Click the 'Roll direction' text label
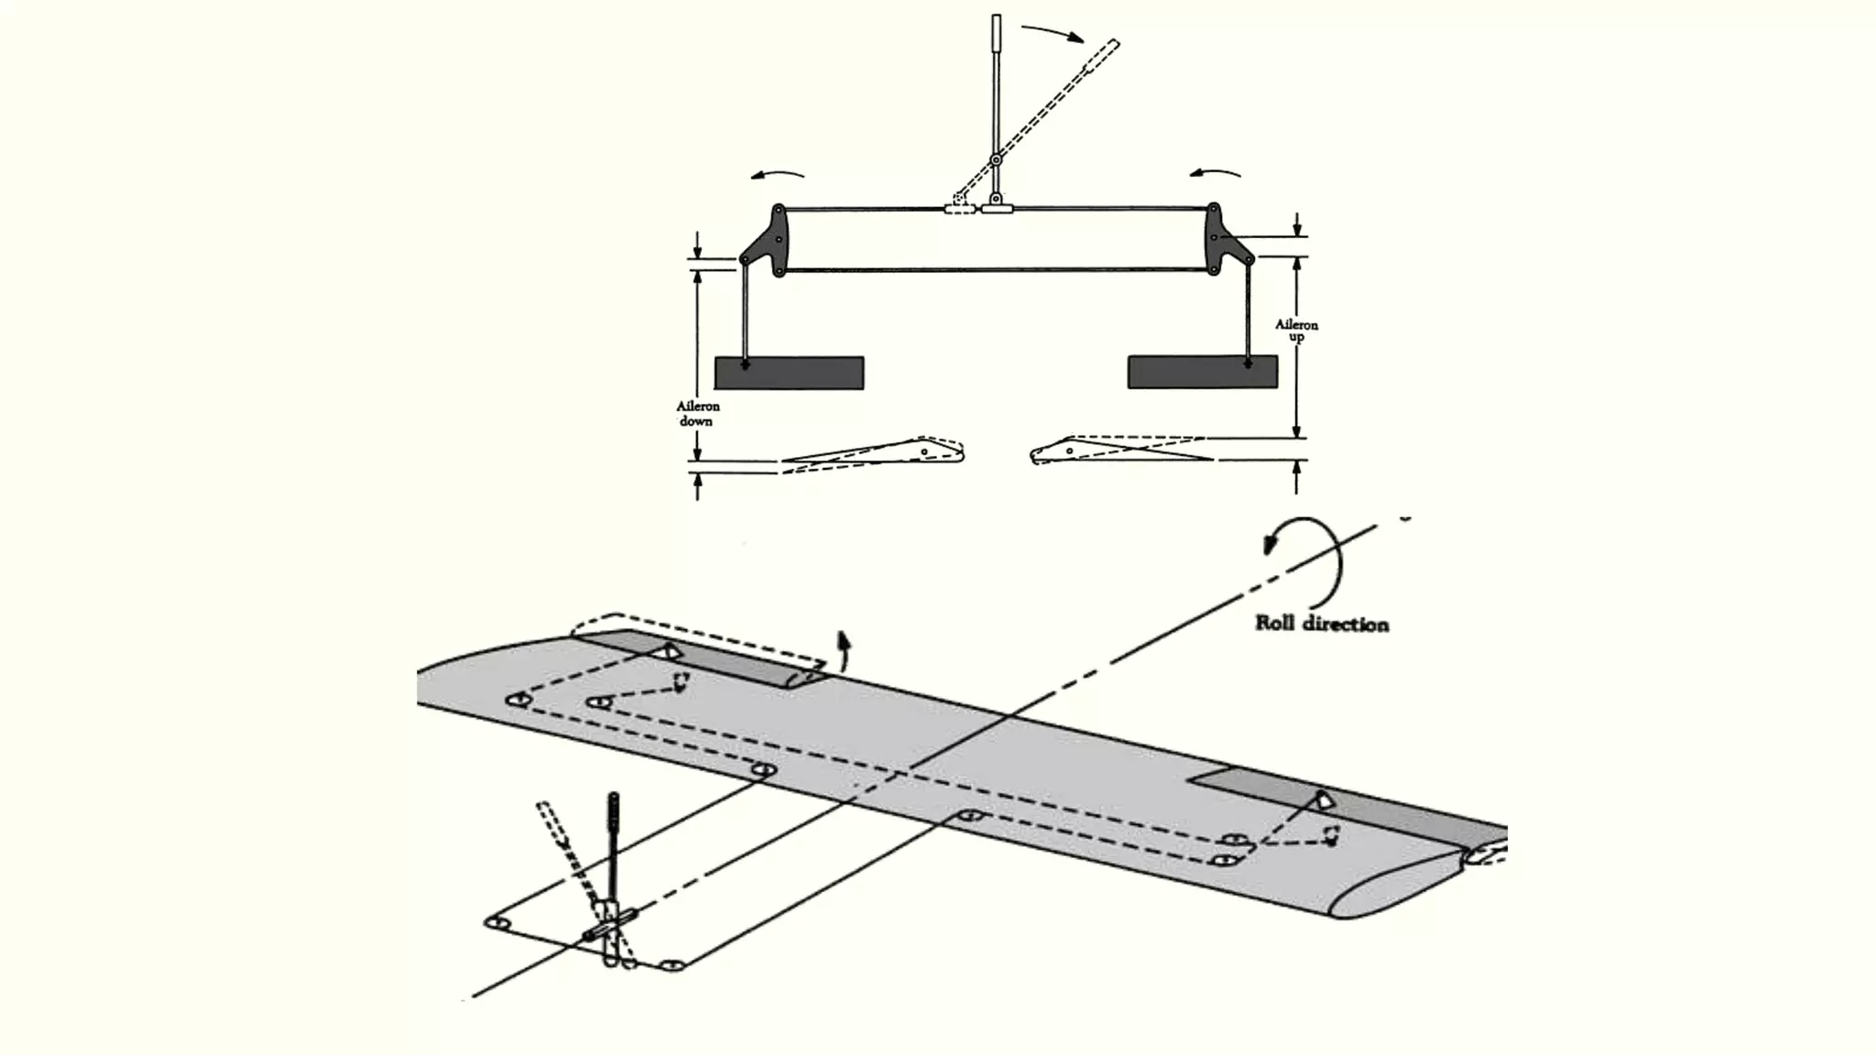[1321, 625]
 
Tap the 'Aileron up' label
[1296, 331]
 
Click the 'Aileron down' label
[698, 413]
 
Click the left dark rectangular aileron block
[789, 373]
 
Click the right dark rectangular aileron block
[1202, 373]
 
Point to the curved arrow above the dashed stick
[1053, 33]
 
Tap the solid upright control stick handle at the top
[996, 37]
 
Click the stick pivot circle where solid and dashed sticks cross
[996, 160]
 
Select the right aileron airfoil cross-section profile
[1118, 451]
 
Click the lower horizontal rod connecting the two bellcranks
[996, 270]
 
